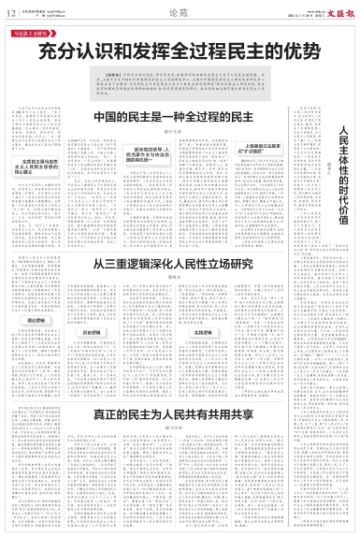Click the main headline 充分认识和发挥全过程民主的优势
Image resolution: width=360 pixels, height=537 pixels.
(x=179, y=48)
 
